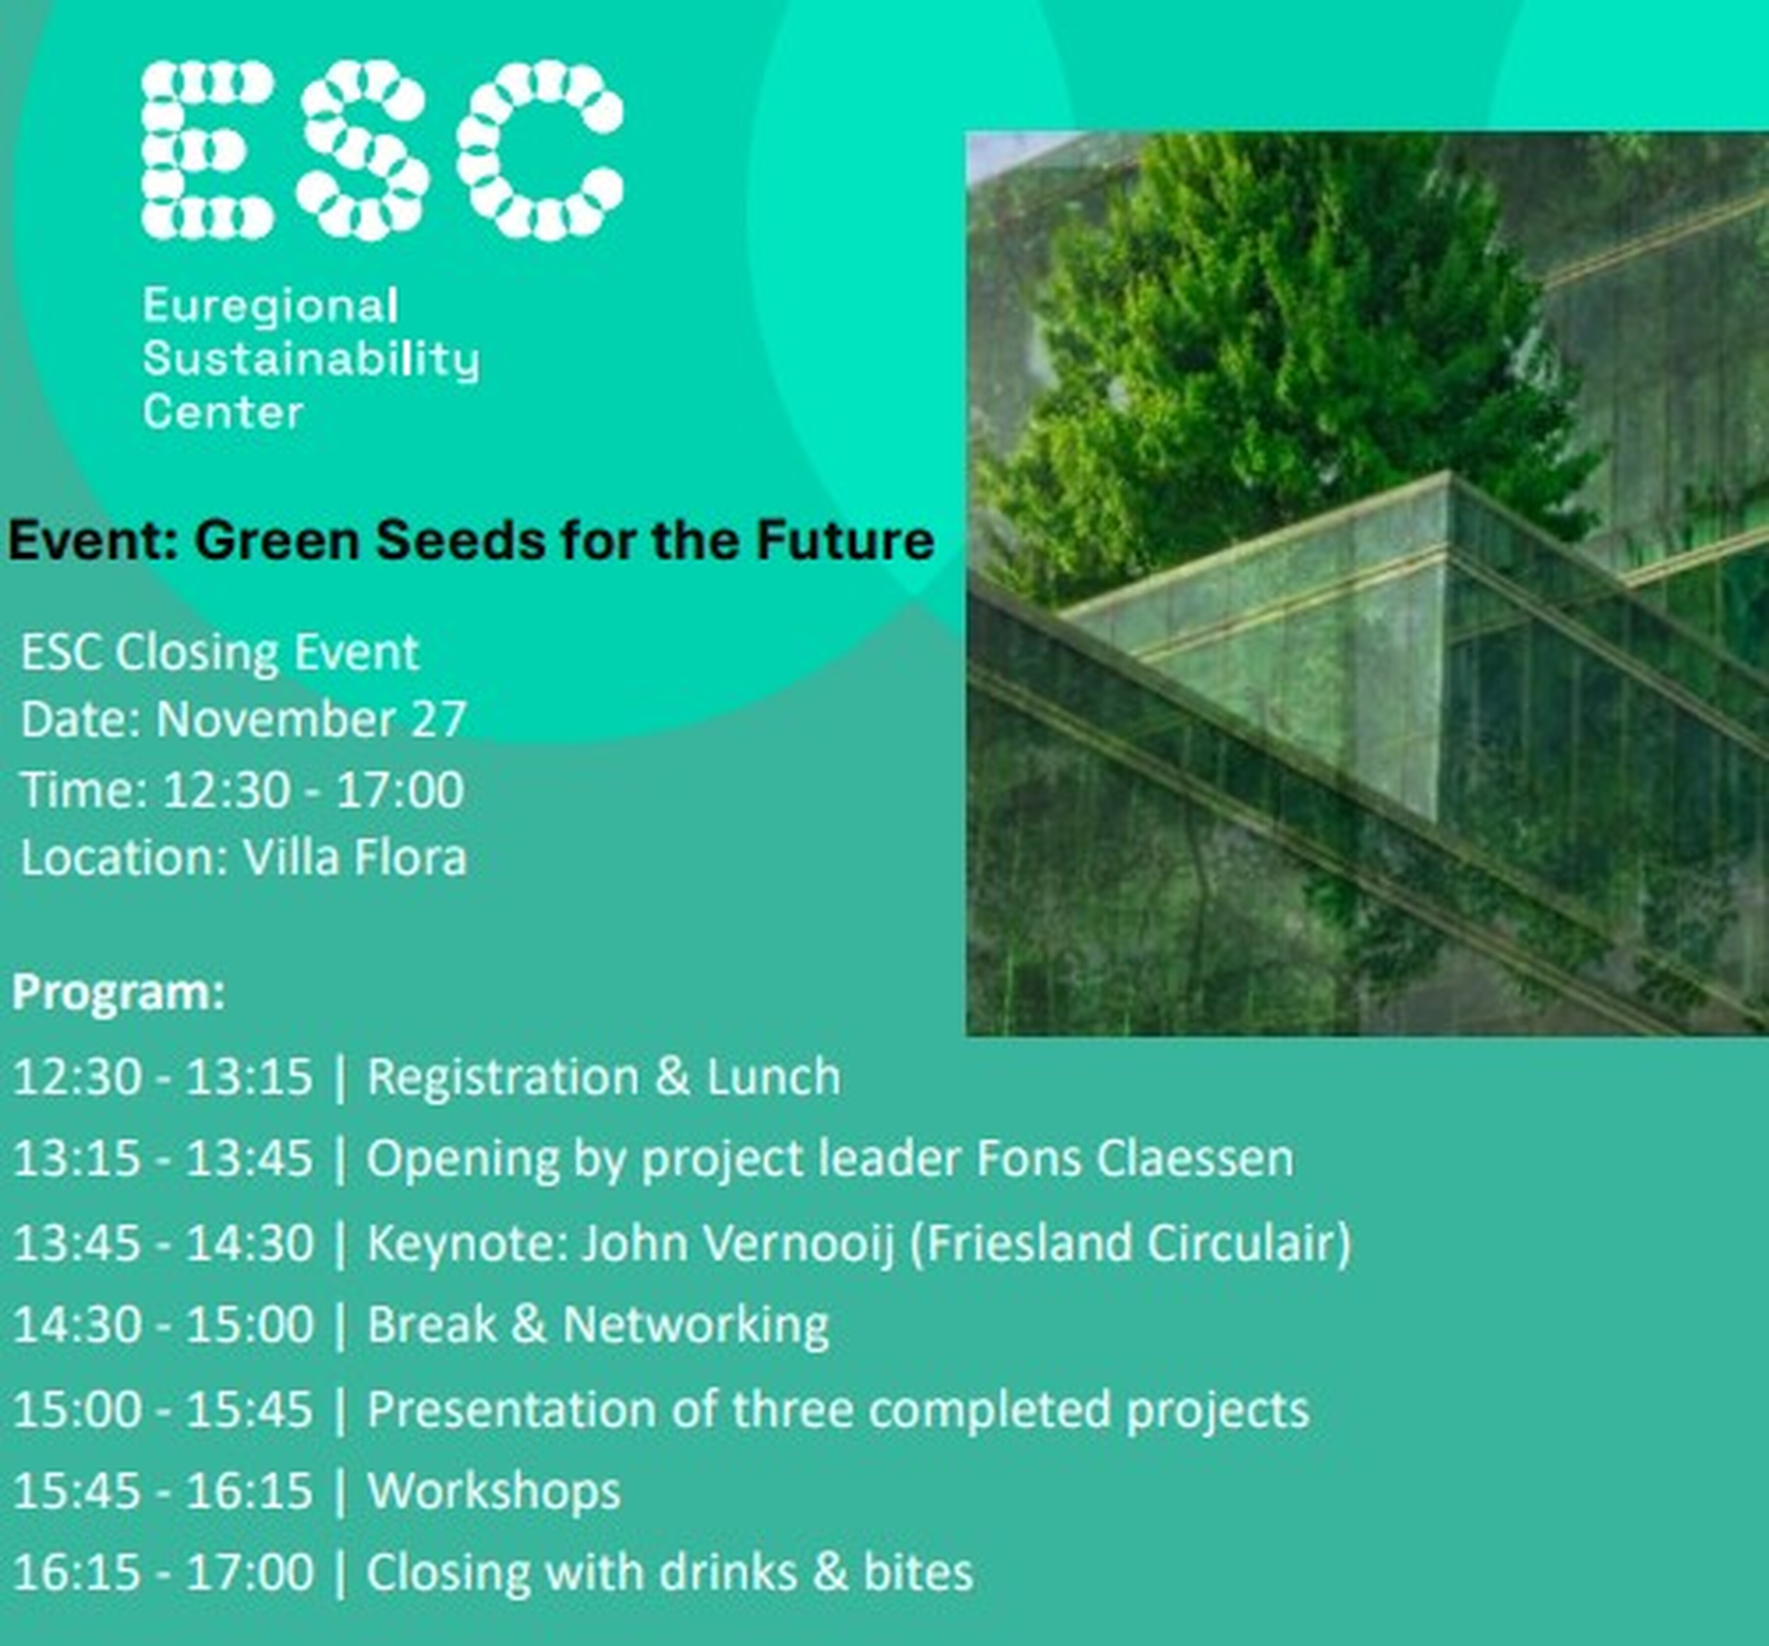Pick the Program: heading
point(118,992)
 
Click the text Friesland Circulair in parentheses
point(1130,1243)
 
